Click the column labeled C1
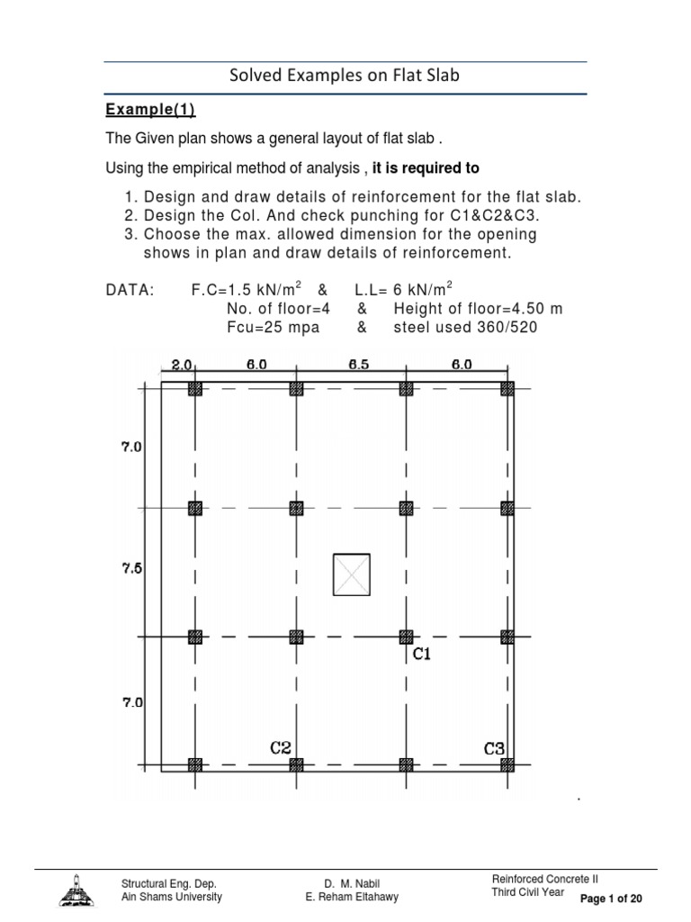click(406, 637)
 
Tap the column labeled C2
click(296, 764)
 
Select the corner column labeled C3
click(507, 764)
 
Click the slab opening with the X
click(351, 574)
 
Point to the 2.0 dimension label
click(181, 365)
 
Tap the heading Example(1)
click(150, 110)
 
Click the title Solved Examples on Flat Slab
click(345, 76)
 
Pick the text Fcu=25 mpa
click(273, 327)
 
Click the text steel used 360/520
click(465, 327)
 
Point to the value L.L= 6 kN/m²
click(398, 290)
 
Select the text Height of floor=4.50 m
click(478, 309)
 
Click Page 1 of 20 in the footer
click(611, 899)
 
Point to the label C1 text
click(422, 655)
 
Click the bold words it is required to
click(426, 168)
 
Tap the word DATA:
click(130, 290)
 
